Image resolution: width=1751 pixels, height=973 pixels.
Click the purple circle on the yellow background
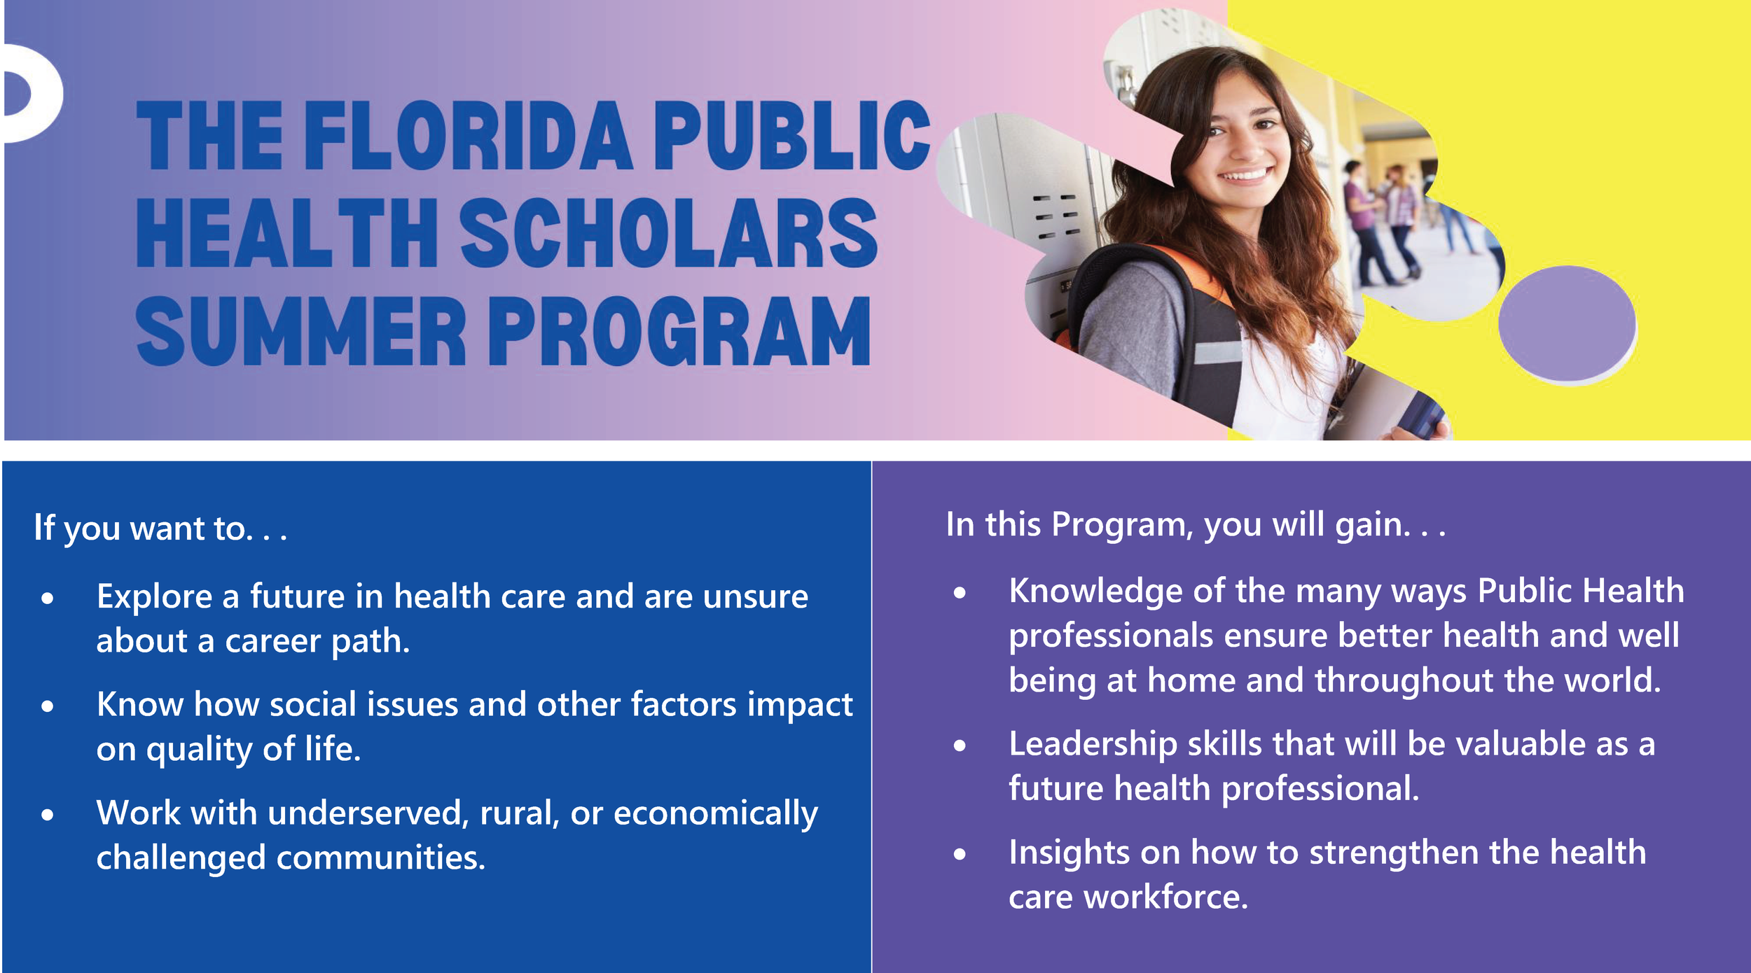(x=1567, y=324)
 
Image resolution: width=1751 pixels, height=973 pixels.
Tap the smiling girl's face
(x=1240, y=140)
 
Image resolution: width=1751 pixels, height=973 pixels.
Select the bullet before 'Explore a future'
(x=48, y=598)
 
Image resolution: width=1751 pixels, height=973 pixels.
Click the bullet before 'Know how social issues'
(x=48, y=706)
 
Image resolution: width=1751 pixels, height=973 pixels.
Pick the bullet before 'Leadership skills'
(x=960, y=746)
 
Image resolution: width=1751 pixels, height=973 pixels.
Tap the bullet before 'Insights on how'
(x=960, y=854)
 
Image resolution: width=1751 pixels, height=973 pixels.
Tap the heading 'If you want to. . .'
(x=160, y=528)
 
